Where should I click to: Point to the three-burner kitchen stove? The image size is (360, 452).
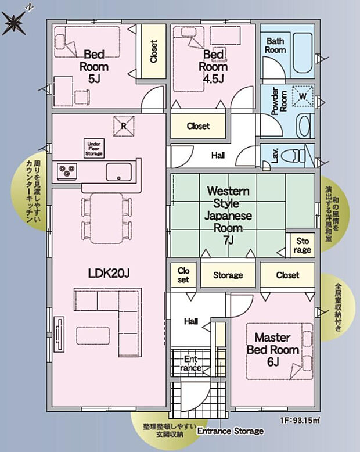tap(67, 171)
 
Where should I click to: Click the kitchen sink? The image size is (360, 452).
tap(118, 171)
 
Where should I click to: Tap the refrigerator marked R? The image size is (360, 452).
tap(124, 124)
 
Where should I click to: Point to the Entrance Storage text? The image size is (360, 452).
tap(231, 431)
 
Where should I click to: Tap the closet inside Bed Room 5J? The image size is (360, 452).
tap(154, 52)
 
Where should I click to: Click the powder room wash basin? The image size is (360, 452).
tap(305, 125)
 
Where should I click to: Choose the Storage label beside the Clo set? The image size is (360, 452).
tap(228, 275)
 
